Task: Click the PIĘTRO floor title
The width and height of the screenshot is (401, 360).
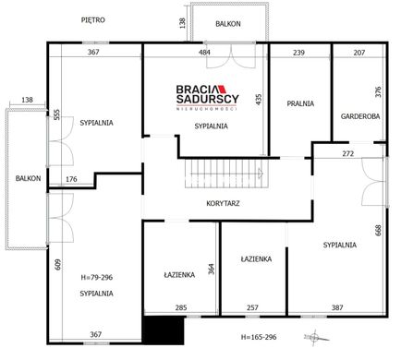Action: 93,20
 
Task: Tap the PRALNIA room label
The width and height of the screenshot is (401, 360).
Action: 300,103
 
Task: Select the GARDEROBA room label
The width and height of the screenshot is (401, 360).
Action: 360,116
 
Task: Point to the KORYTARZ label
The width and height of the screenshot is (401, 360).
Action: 223,203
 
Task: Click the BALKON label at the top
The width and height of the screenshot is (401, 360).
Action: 228,24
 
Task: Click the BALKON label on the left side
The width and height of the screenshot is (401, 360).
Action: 28,178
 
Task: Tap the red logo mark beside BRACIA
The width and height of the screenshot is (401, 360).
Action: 223,90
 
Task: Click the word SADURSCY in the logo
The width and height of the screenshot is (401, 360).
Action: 207,99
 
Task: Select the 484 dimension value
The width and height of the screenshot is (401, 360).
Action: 204,53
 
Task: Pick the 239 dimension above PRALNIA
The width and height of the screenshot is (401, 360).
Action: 298,53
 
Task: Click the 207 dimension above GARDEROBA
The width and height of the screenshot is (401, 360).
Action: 359,53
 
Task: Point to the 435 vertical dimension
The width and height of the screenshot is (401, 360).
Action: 259,100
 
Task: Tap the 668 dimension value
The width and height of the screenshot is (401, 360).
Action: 378,230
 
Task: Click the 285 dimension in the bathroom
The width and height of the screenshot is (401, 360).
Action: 181,307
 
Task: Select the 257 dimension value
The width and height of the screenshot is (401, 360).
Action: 252,307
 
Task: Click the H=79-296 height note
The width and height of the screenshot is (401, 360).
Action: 97,277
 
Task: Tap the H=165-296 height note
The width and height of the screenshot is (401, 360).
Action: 259,337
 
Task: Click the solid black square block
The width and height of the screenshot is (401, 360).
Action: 164,330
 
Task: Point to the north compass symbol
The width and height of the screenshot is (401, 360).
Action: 316,337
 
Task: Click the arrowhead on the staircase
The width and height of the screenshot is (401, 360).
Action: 261,174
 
